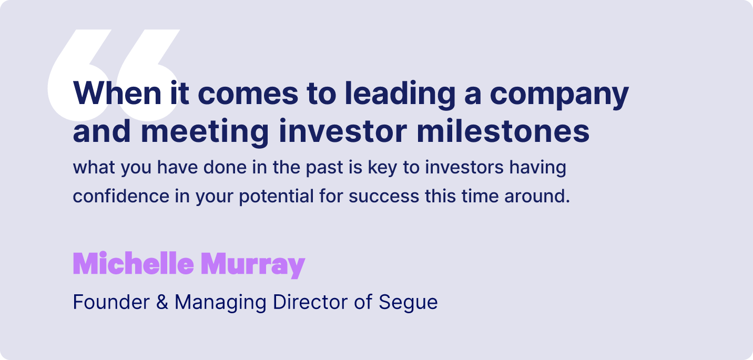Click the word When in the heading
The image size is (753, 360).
click(117, 93)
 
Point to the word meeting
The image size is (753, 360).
click(205, 133)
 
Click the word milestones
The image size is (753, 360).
click(503, 130)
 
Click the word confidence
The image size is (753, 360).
click(121, 196)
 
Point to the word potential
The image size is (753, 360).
click(276, 197)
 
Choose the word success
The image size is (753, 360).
click(384, 197)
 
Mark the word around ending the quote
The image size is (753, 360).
click(537, 196)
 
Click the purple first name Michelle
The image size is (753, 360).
click(134, 263)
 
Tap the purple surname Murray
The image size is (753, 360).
click(253, 265)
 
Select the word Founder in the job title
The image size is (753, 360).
click(111, 302)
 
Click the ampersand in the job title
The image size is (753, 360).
click(162, 302)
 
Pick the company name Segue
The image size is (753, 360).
click(408, 303)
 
